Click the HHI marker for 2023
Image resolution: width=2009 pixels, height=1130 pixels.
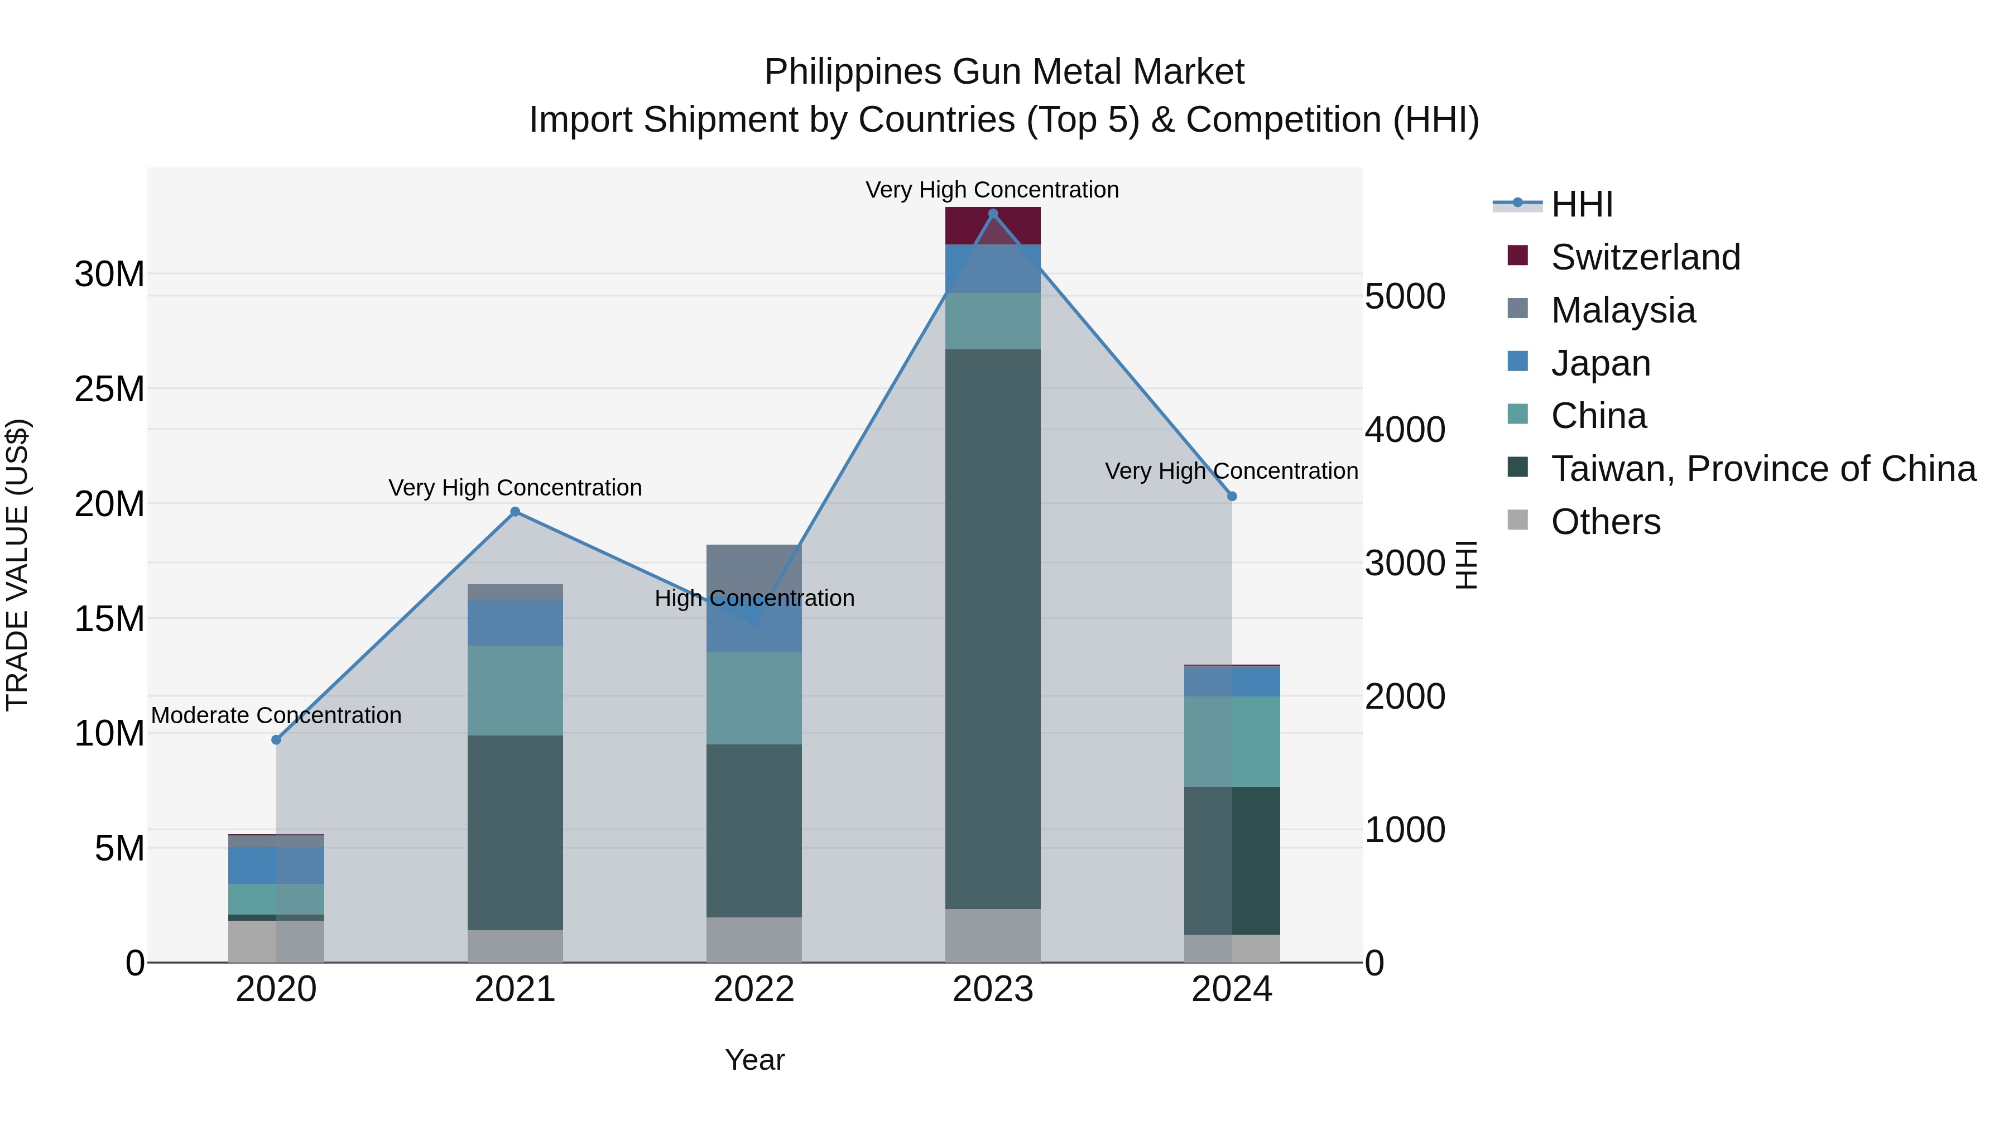[993, 214]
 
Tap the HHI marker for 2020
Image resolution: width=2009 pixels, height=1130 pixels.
[276, 739]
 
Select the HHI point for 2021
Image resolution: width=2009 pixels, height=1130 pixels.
[515, 512]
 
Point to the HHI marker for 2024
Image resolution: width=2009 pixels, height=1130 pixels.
[1232, 496]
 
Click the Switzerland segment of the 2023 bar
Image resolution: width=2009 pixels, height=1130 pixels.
[993, 226]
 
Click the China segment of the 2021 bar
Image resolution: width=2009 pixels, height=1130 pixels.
[515, 690]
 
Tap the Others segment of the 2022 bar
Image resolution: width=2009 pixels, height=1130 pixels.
[754, 939]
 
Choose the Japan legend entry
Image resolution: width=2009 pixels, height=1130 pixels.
[1601, 363]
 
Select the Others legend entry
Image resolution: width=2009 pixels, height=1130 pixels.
[1605, 522]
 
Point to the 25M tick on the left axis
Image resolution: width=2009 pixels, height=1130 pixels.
[109, 389]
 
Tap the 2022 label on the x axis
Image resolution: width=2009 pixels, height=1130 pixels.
[754, 989]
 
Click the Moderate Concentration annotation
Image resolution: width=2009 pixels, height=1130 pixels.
[276, 715]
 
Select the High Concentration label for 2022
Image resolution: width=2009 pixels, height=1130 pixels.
[754, 598]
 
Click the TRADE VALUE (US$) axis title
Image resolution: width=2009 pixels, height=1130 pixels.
[17, 565]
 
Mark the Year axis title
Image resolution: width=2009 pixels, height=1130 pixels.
[754, 1060]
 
